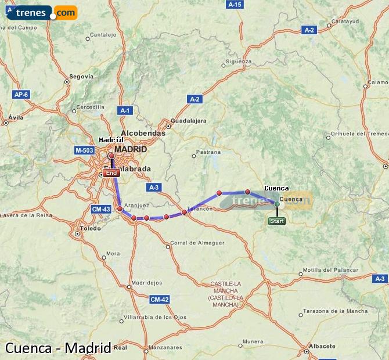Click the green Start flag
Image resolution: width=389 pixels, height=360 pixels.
click(x=277, y=221)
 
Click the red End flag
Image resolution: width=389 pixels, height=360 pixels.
click(x=111, y=173)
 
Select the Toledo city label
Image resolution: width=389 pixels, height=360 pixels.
click(x=90, y=228)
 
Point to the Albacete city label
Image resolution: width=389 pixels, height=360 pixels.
click(x=322, y=346)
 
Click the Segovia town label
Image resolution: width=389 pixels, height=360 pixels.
click(x=81, y=76)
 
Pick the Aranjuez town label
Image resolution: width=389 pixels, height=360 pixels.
click(x=137, y=205)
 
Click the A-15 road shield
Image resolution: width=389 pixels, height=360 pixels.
click(x=235, y=5)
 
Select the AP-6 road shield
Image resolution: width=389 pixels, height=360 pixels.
click(x=21, y=94)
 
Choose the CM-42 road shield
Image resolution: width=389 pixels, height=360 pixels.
click(x=159, y=300)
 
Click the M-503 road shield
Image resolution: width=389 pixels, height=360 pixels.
click(x=84, y=150)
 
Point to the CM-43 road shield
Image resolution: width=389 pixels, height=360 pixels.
click(x=101, y=209)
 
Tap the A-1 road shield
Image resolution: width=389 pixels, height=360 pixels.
click(x=125, y=110)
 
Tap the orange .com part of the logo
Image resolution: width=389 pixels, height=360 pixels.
click(x=66, y=12)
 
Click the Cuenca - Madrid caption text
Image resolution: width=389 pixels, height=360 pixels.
click(x=58, y=348)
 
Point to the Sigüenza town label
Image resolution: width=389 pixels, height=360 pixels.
click(x=239, y=61)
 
